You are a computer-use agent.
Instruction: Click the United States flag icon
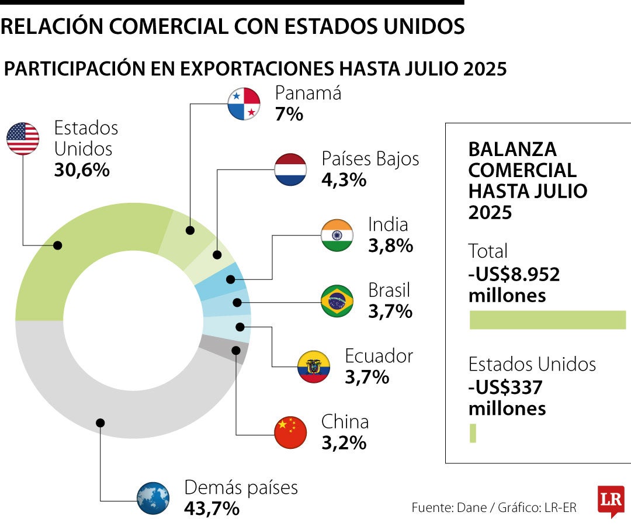pos(23,139)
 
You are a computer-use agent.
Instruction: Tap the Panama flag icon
pos(244,104)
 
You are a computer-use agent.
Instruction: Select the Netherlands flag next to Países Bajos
pos(290,169)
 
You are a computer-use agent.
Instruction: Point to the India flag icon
pos(337,235)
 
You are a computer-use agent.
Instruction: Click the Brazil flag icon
pos(337,301)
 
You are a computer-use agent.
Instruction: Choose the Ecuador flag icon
pos(314,366)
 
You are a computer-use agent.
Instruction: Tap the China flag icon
pos(290,432)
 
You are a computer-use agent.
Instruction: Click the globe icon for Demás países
pos(153,498)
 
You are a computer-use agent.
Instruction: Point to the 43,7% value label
pos(212,508)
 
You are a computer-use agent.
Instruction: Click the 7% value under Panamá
pos(289,114)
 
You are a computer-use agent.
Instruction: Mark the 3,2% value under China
pos(344,442)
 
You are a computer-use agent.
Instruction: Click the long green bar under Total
pos(547,320)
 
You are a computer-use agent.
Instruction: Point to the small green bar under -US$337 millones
pos(473,433)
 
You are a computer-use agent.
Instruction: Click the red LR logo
pos(611,500)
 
